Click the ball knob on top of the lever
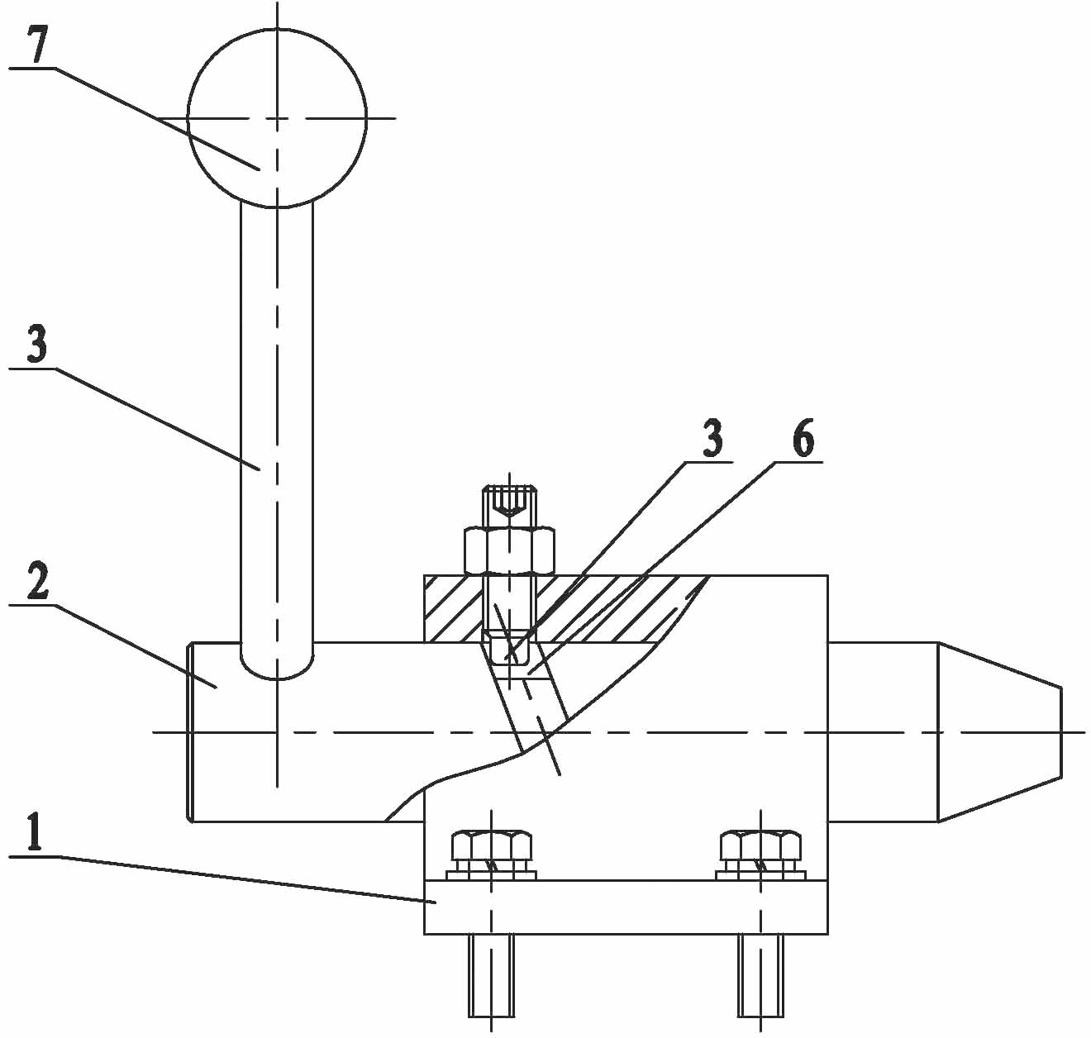277,117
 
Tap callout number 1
35,835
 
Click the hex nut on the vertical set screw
509,550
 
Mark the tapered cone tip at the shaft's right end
999,732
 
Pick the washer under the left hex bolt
492,875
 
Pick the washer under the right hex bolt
760,875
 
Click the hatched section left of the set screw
452,608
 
